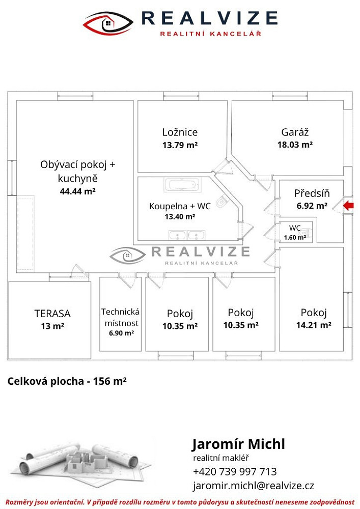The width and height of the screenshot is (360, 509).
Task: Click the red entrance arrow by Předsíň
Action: point(349,206)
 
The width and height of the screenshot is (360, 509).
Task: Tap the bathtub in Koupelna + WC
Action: point(182,185)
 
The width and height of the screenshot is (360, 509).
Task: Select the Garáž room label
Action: point(295,132)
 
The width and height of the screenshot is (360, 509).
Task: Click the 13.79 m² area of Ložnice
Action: point(180,145)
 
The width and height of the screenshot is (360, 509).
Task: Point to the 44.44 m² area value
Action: point(77,191)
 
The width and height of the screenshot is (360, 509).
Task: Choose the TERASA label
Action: point(52,314)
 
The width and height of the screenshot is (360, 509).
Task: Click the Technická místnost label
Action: point(121,318)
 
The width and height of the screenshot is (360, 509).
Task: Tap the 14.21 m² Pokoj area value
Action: point(314,325)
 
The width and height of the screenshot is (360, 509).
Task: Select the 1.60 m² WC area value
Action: point(295,238)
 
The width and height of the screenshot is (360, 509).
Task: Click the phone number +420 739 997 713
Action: point(235,471)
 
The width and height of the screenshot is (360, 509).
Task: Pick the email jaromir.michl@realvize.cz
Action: point(254,486)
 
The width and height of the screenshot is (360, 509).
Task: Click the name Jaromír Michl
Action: point(239,444)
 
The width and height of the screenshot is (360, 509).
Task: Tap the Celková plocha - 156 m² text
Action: point(67,381)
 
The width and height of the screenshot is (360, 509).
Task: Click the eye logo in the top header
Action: point(108,23)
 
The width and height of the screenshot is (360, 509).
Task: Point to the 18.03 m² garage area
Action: point(295,145)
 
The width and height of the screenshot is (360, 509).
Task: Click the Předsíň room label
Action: point(312,193)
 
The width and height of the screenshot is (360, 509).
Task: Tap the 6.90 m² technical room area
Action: point(121,333)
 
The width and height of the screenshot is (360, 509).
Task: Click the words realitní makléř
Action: point(221,458)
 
